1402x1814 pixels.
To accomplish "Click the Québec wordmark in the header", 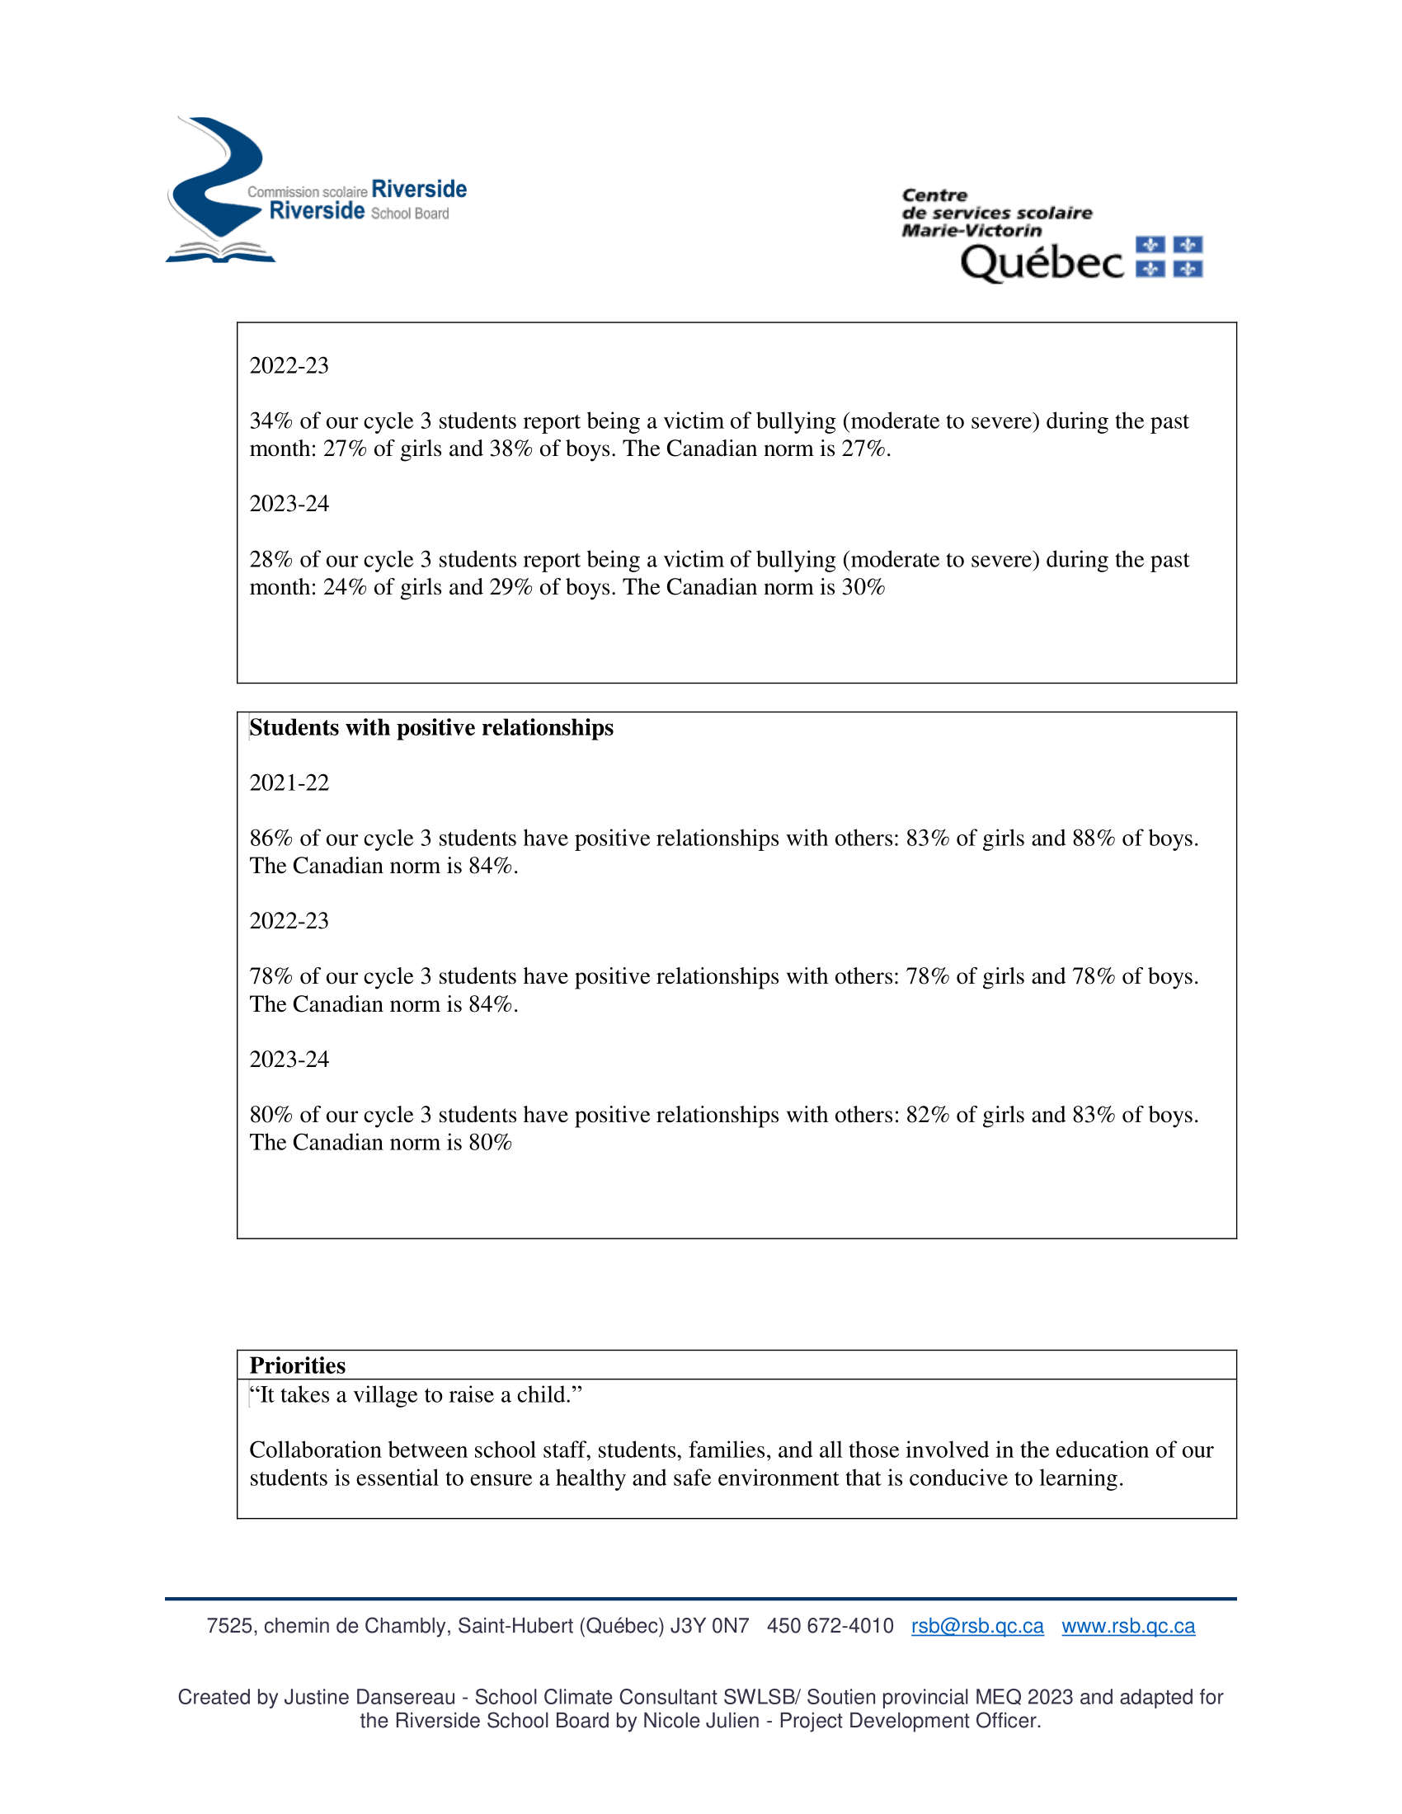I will point(1042,263).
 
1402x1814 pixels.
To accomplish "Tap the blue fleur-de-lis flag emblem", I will point(1169,256).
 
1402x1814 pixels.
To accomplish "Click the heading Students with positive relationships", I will point(431,727).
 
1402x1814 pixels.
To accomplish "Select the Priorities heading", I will point(298,1365).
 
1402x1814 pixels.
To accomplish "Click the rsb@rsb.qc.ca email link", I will point(976,1626).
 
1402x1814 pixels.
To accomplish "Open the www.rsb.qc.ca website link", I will point(1128,1626).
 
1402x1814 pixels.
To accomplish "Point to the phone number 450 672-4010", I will point(830,1626).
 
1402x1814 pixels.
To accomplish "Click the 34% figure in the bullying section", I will point(271,421).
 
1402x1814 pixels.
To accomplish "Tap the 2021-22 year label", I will point(289,782).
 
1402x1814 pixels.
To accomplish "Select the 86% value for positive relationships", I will point(271,838).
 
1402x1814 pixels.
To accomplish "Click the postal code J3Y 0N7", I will point(709,1626).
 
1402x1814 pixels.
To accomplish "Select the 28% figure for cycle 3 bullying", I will point(271,560).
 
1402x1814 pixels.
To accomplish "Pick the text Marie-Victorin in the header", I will point(971,230).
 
